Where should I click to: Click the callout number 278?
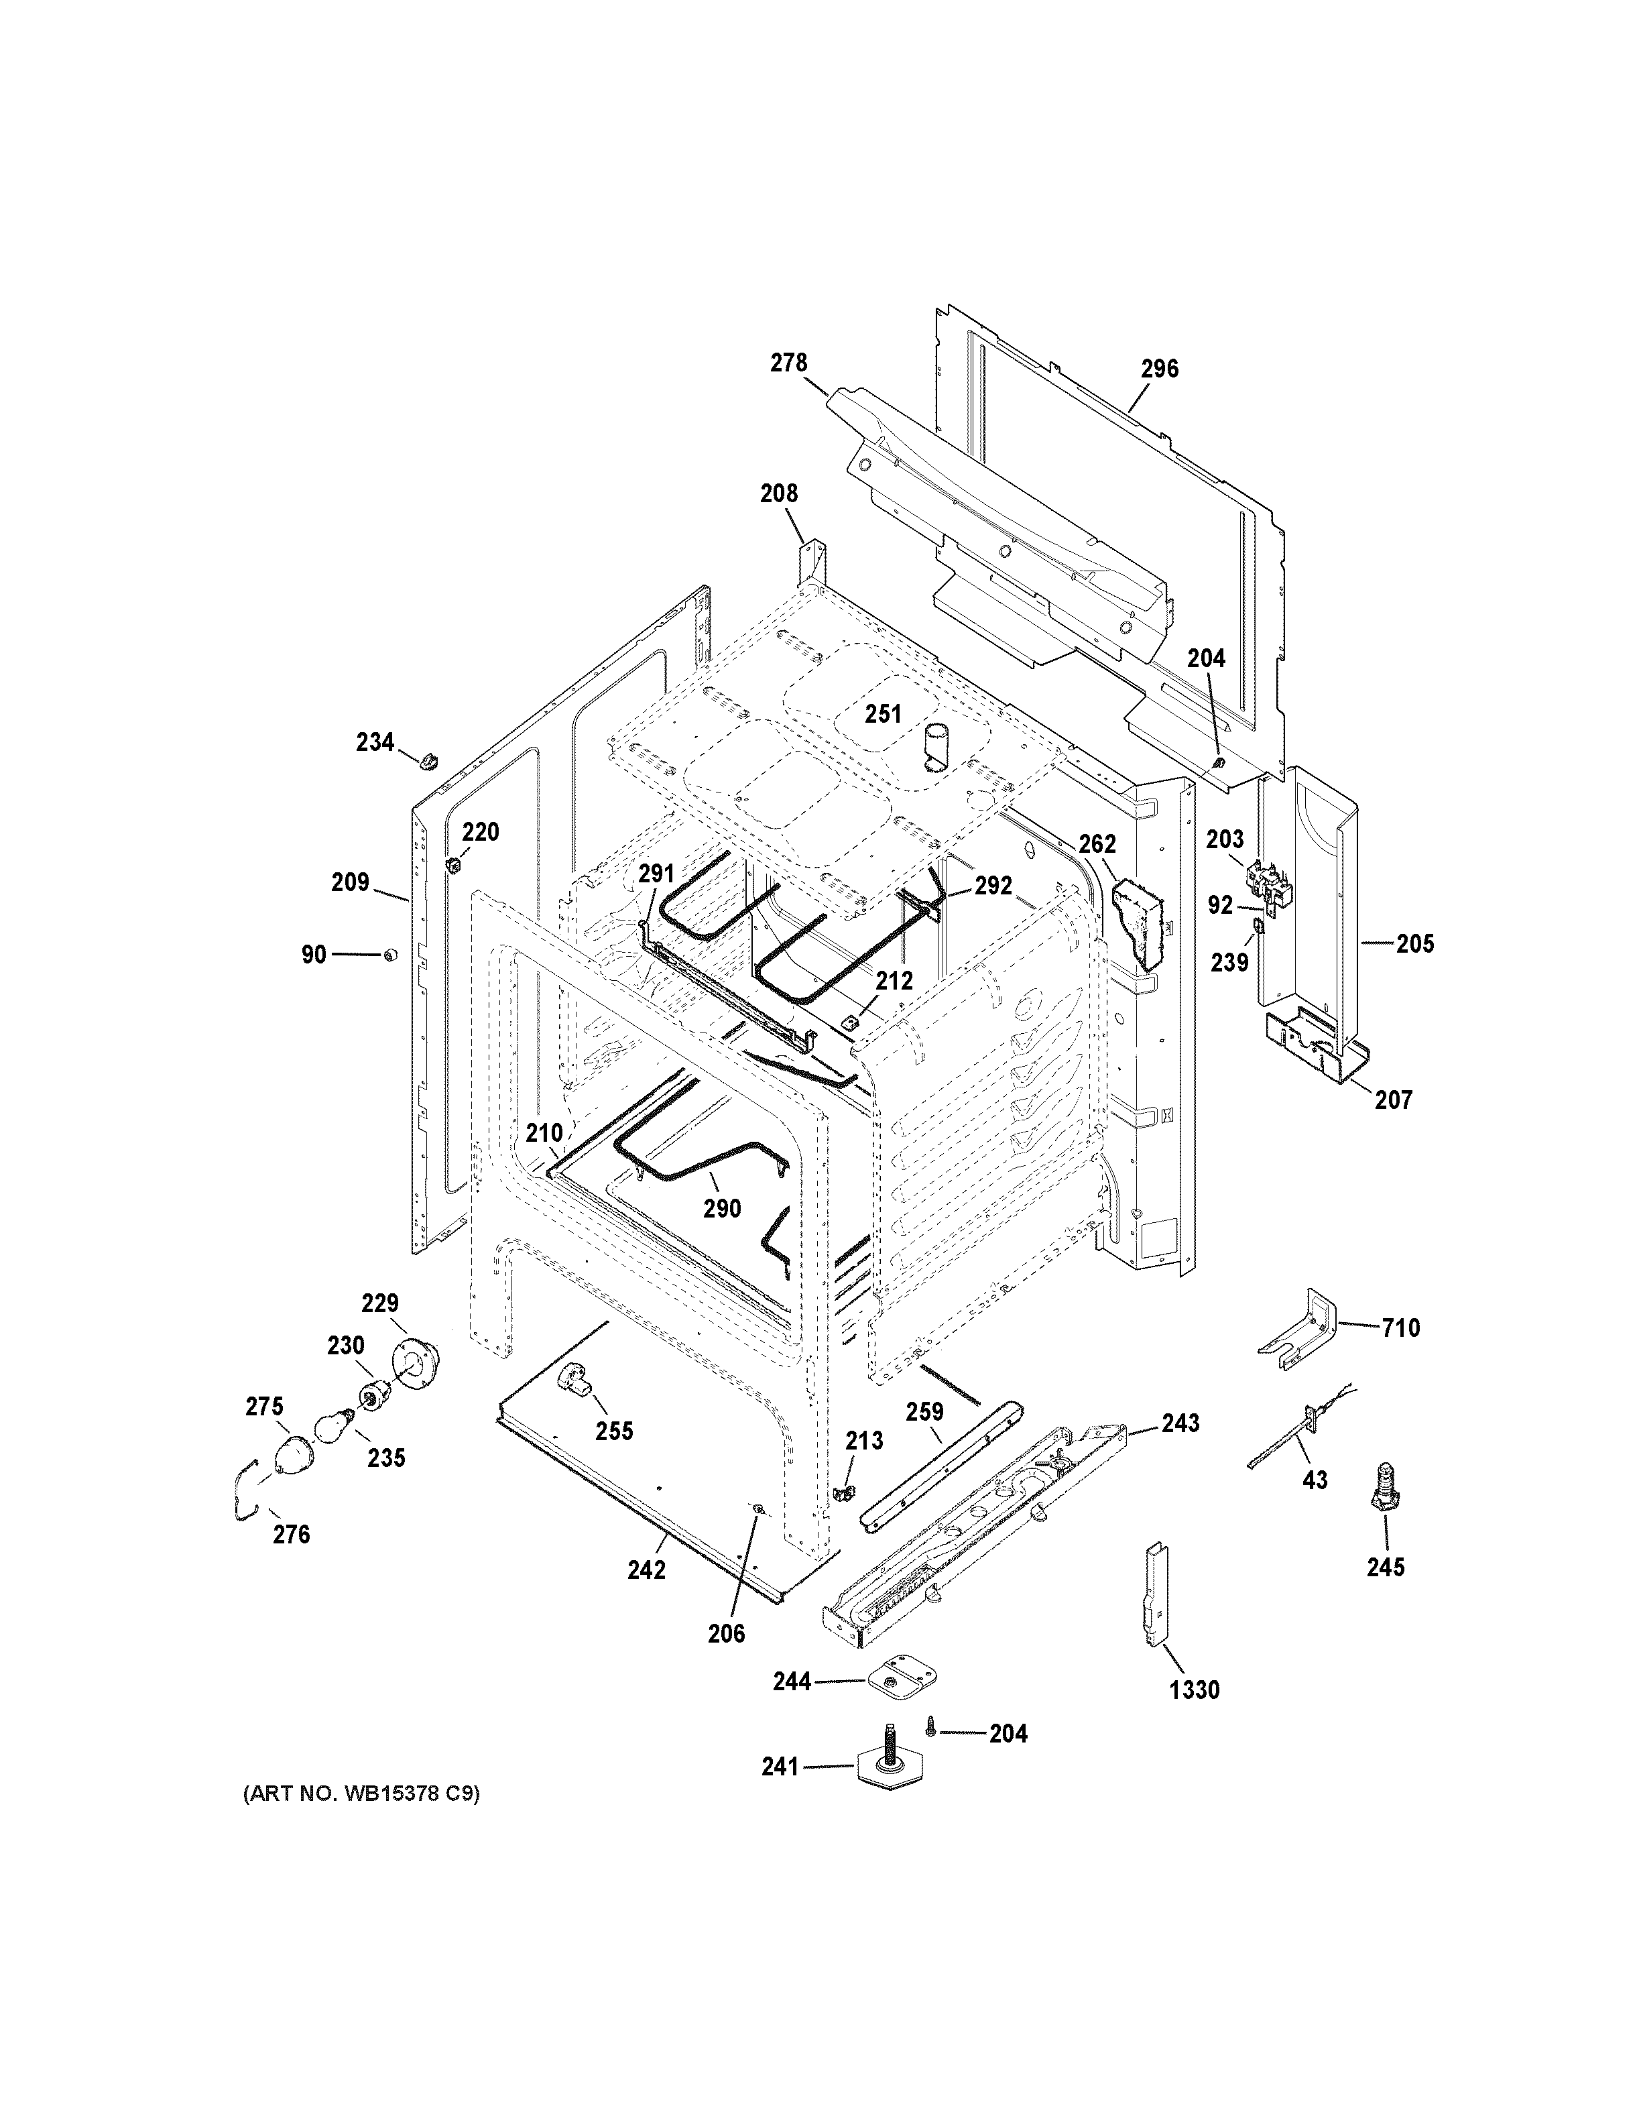(788, 363)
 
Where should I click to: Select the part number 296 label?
(1159, 369)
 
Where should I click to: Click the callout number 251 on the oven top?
(883, 714)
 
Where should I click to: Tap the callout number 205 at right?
(1414, 943)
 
